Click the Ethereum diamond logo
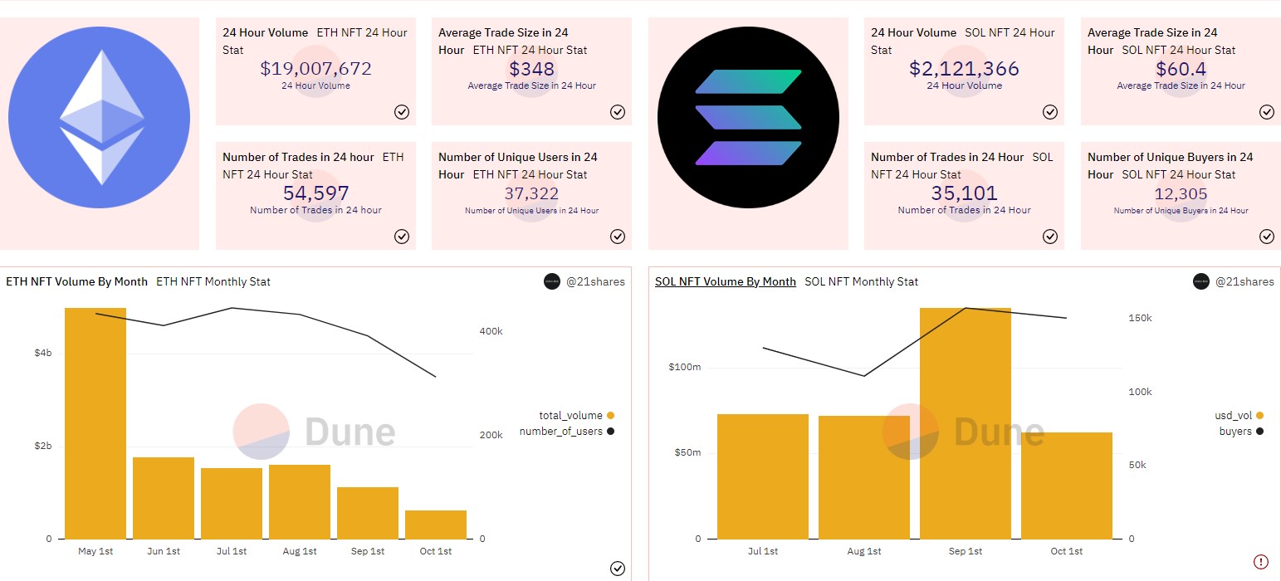point(100,118)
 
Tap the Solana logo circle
point(748,118)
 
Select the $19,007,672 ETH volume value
point(315,69)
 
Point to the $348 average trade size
point(531,69)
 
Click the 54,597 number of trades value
point(315,193)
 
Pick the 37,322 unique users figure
point(531,193)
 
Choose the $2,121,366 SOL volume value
point(964,69)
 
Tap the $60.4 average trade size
point(1181,69)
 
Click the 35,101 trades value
point(964,193)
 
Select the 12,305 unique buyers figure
point(1181,193)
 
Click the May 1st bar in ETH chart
point(95,423)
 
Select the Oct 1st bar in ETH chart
point(436,525)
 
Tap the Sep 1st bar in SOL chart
point(966,423)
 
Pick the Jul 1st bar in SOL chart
point(763,476)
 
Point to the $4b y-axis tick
point(43,354)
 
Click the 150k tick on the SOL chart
point(1140,318)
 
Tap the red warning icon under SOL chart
point(1261,561)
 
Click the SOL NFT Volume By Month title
point(725,281)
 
